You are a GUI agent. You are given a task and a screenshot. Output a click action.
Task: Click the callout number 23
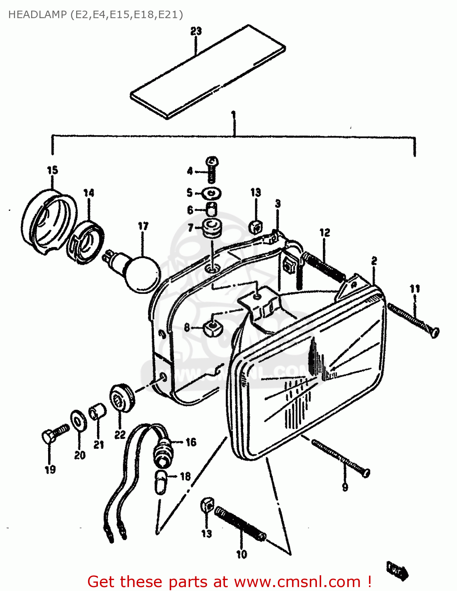(x=196, y=31)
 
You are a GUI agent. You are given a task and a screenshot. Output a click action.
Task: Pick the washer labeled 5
(x=212, y=193)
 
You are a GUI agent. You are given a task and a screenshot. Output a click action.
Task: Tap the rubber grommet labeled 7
(x=212, y=229)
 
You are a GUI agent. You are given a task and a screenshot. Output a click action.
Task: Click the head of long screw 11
(x=434, y=332)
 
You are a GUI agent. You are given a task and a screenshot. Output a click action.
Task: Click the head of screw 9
(x=366, y=472)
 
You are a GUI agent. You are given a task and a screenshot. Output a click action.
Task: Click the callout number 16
(x=191, y=442)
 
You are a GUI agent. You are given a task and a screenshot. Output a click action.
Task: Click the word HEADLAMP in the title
(x=33, y=15)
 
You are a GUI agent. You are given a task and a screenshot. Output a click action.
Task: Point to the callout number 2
(x=374, y=261)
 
